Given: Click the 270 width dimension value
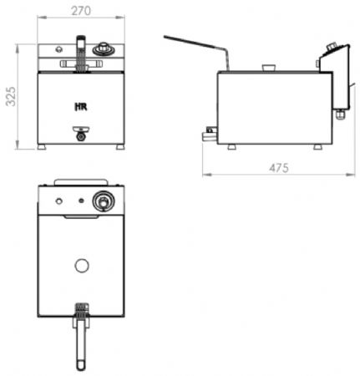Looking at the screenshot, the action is point(81,11).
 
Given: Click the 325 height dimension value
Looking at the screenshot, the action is point(11,96).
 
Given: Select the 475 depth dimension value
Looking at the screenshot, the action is point(279,168).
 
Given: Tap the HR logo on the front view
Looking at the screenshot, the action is point(81,107).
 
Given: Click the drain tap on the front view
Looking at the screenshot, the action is point(81,134).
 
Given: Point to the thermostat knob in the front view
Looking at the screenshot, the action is point(104,49).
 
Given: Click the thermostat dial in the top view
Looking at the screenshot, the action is point(104,201).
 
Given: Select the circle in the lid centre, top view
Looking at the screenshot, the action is point(82,266).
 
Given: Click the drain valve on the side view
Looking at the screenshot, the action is point(209,134).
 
